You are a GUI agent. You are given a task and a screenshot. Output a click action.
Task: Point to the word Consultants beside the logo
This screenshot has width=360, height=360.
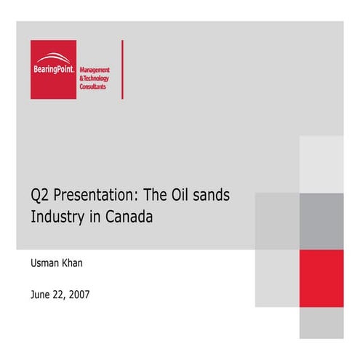[x=92, y=86]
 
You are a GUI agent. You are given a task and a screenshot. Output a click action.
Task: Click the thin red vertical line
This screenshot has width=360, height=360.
[x=122, y=69]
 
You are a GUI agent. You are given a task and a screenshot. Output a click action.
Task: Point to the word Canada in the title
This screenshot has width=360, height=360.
[x=129, y=216]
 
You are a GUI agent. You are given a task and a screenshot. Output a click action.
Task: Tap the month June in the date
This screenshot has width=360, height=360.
[x=42, y=295]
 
